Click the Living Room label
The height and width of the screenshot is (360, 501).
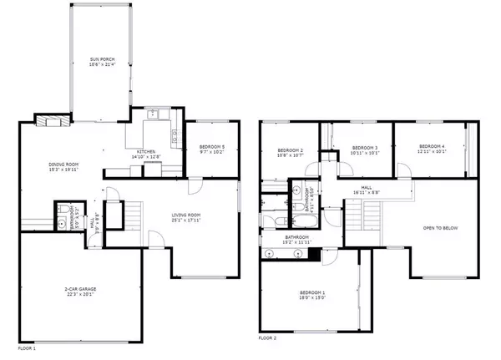(x=186, y=219)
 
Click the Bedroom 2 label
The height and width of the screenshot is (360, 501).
(x=290, y=152)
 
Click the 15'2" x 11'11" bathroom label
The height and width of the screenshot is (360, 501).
(x=296, y=240)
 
